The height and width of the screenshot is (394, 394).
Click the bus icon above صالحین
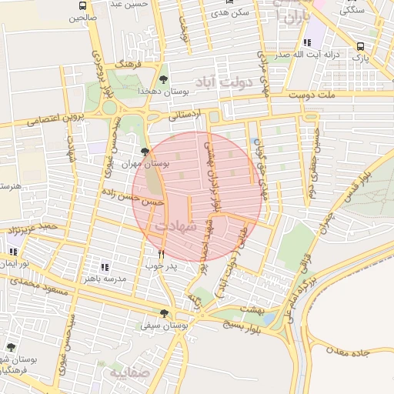(82, 6)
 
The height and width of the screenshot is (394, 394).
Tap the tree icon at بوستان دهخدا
(163, 79)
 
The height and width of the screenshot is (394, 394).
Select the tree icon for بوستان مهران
(145, 152)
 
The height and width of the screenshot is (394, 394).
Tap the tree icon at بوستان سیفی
(164, 313)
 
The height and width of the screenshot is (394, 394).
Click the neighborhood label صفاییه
(127, 374)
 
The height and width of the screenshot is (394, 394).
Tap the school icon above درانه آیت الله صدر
(308, 44)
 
